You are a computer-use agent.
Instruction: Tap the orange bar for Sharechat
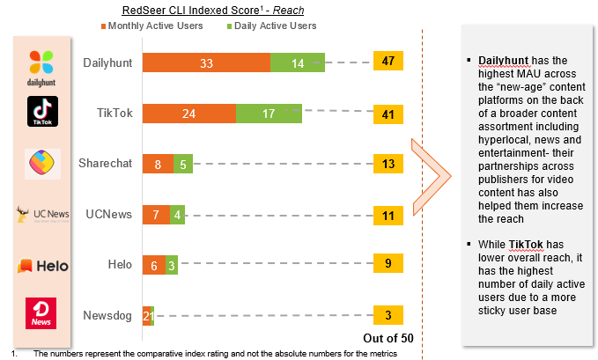[x=158, y=163]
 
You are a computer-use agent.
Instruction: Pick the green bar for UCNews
[x=179, y=214]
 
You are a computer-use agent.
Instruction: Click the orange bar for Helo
[x=153, y=264]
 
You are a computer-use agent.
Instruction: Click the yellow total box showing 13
[x=388, y=163]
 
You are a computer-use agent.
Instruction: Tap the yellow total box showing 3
[x=388, y=315]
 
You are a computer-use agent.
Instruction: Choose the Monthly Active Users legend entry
[x=158, y=26]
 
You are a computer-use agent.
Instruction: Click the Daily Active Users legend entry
[x=274, y=26]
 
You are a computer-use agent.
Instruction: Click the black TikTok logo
[x=42, y=112]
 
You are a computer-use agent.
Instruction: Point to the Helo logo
[x=42, y=265]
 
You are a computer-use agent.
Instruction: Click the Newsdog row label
[x=107, y=315]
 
